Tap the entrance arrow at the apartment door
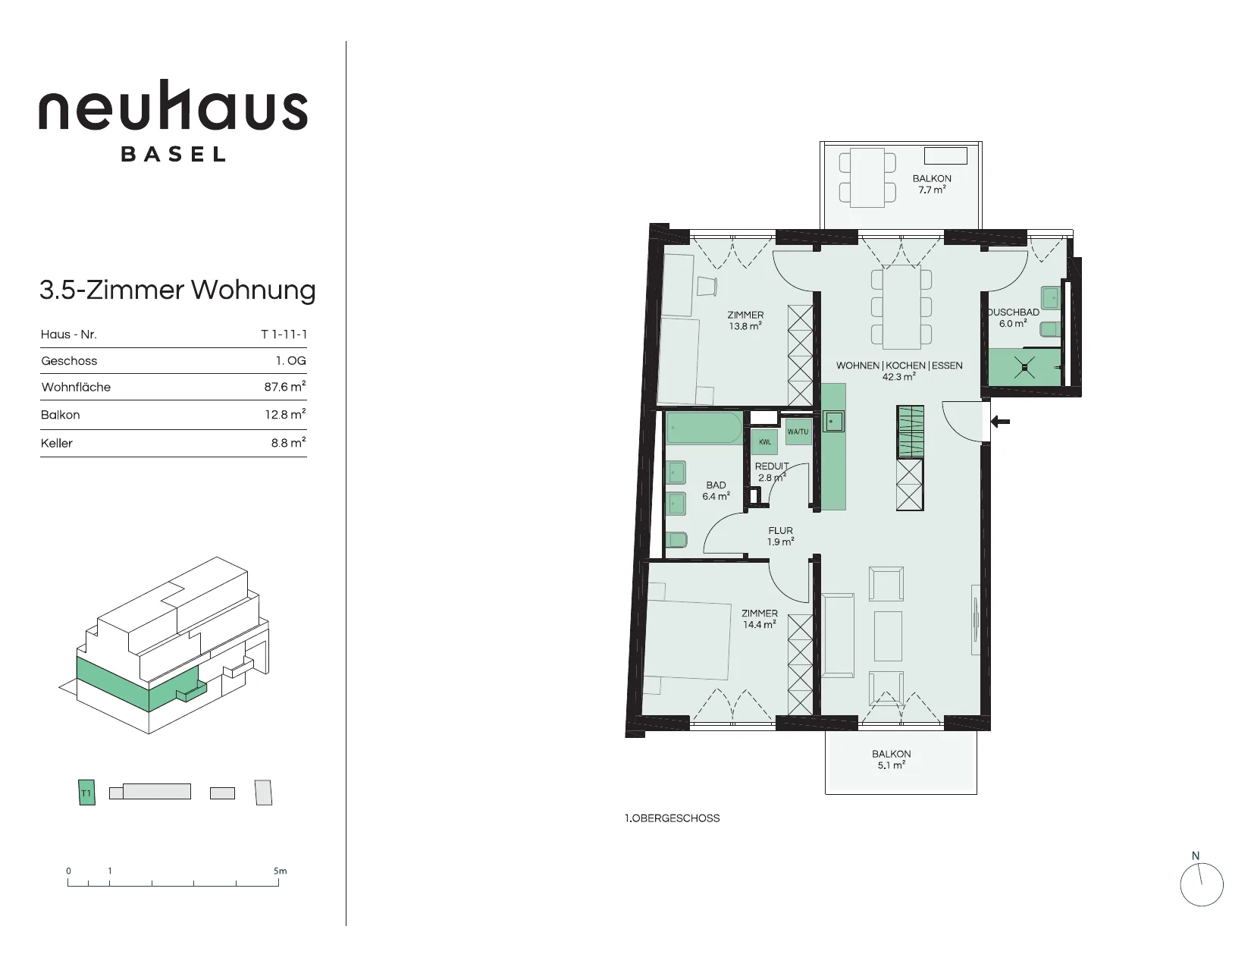(x=1000, y=422)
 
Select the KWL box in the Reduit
(x=764, y=442)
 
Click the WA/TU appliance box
(x=798, y=432)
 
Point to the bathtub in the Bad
(x=704, y=427)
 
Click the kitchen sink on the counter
(x=833, y=421)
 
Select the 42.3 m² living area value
(x=898, y=377)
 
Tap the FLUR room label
(x=780, y=530)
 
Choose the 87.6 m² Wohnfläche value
(x=285, y=387)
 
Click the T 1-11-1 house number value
(x=284, y=334)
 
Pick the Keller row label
(x=56, y=443)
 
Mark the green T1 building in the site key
(x=86, y=793)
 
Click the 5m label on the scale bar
(x=280, y=871)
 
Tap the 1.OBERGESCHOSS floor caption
(x=672, y=818)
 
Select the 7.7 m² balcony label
(x=932, y=190)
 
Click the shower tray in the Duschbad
(x=1024, y=367)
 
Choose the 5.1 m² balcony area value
(x=891, y=765)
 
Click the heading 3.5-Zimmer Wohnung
(x=177, y=290)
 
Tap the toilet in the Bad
(x=676, y=540)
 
